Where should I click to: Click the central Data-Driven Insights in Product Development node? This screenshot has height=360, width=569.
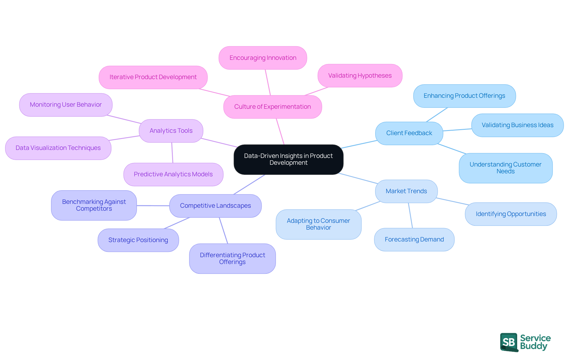[x=288, y=159]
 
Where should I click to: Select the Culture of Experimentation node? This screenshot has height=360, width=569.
[x=272, y=107]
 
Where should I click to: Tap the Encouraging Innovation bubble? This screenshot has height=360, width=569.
[x=263, y=58]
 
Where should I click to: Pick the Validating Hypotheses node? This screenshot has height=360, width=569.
[x=360, y=76]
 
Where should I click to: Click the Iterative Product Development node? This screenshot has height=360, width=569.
[x=153, y=77]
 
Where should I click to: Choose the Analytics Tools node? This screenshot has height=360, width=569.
[x=171, y=131]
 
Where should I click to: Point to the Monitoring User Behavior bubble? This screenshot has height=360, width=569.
[x=65, y=105]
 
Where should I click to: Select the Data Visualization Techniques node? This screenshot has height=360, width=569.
[x=58, y=148]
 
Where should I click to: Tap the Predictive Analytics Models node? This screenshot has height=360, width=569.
[x=173, y=174]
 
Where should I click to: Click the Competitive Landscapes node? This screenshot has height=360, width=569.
[x=215, y=206]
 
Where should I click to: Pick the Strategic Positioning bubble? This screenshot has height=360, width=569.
[x=138, y=240]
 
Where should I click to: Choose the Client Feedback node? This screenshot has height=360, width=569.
[x=409, y=133]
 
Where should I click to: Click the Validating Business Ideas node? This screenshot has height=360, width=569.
[x=517, y=125]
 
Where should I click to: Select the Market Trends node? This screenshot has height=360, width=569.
[x=406, y=191]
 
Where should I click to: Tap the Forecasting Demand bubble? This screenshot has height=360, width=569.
[x=414, y=239]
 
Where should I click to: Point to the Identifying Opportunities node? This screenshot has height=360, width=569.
[x=511, y=214]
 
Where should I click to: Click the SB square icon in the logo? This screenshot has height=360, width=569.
[x=509, y=342]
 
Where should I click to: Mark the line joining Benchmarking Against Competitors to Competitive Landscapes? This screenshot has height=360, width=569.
[x=153, y=205]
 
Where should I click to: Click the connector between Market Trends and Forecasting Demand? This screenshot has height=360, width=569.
[x=410, y=215]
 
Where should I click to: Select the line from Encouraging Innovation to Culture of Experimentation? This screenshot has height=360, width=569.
[x=268, y=82]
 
